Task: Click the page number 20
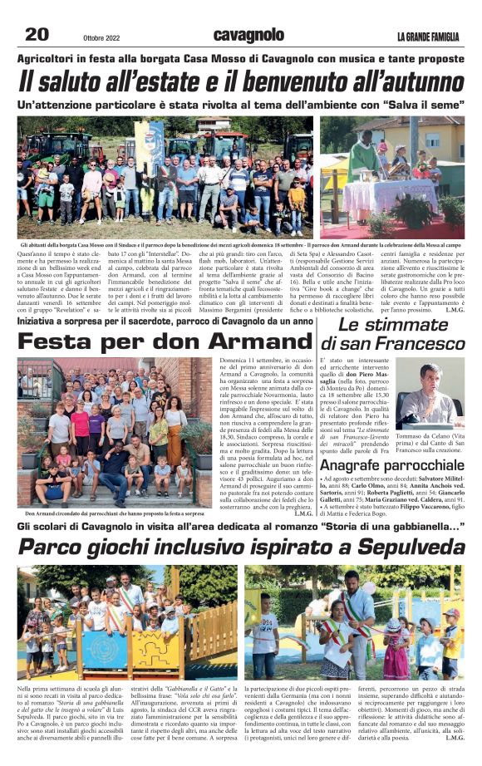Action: tap(37, 34)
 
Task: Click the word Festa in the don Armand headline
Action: tap(57, 341)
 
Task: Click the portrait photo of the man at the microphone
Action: tap(430, 393)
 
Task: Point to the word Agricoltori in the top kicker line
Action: tap(52, 58)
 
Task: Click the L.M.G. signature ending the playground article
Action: tap(454, 737)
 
